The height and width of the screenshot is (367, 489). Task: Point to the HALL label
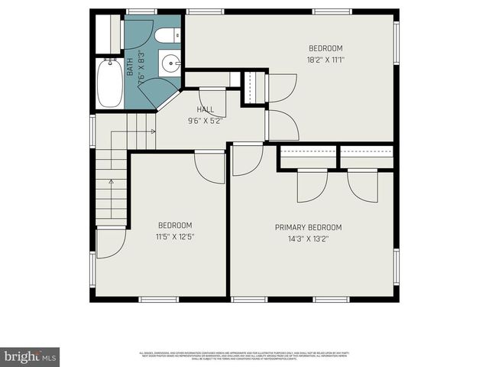point(206,109)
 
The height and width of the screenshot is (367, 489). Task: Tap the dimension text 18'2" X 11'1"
point(325,59)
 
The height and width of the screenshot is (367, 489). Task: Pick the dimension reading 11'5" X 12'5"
point(175,236)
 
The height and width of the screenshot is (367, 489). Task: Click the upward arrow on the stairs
point(111,183)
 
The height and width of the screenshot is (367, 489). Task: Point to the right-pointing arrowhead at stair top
point(154,132)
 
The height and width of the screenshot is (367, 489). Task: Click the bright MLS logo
point(30,356)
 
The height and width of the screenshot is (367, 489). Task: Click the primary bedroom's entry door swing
point(246,159)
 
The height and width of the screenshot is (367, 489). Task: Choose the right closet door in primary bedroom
point(363,186)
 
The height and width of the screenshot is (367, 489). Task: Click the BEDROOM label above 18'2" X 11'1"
point(325,47)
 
